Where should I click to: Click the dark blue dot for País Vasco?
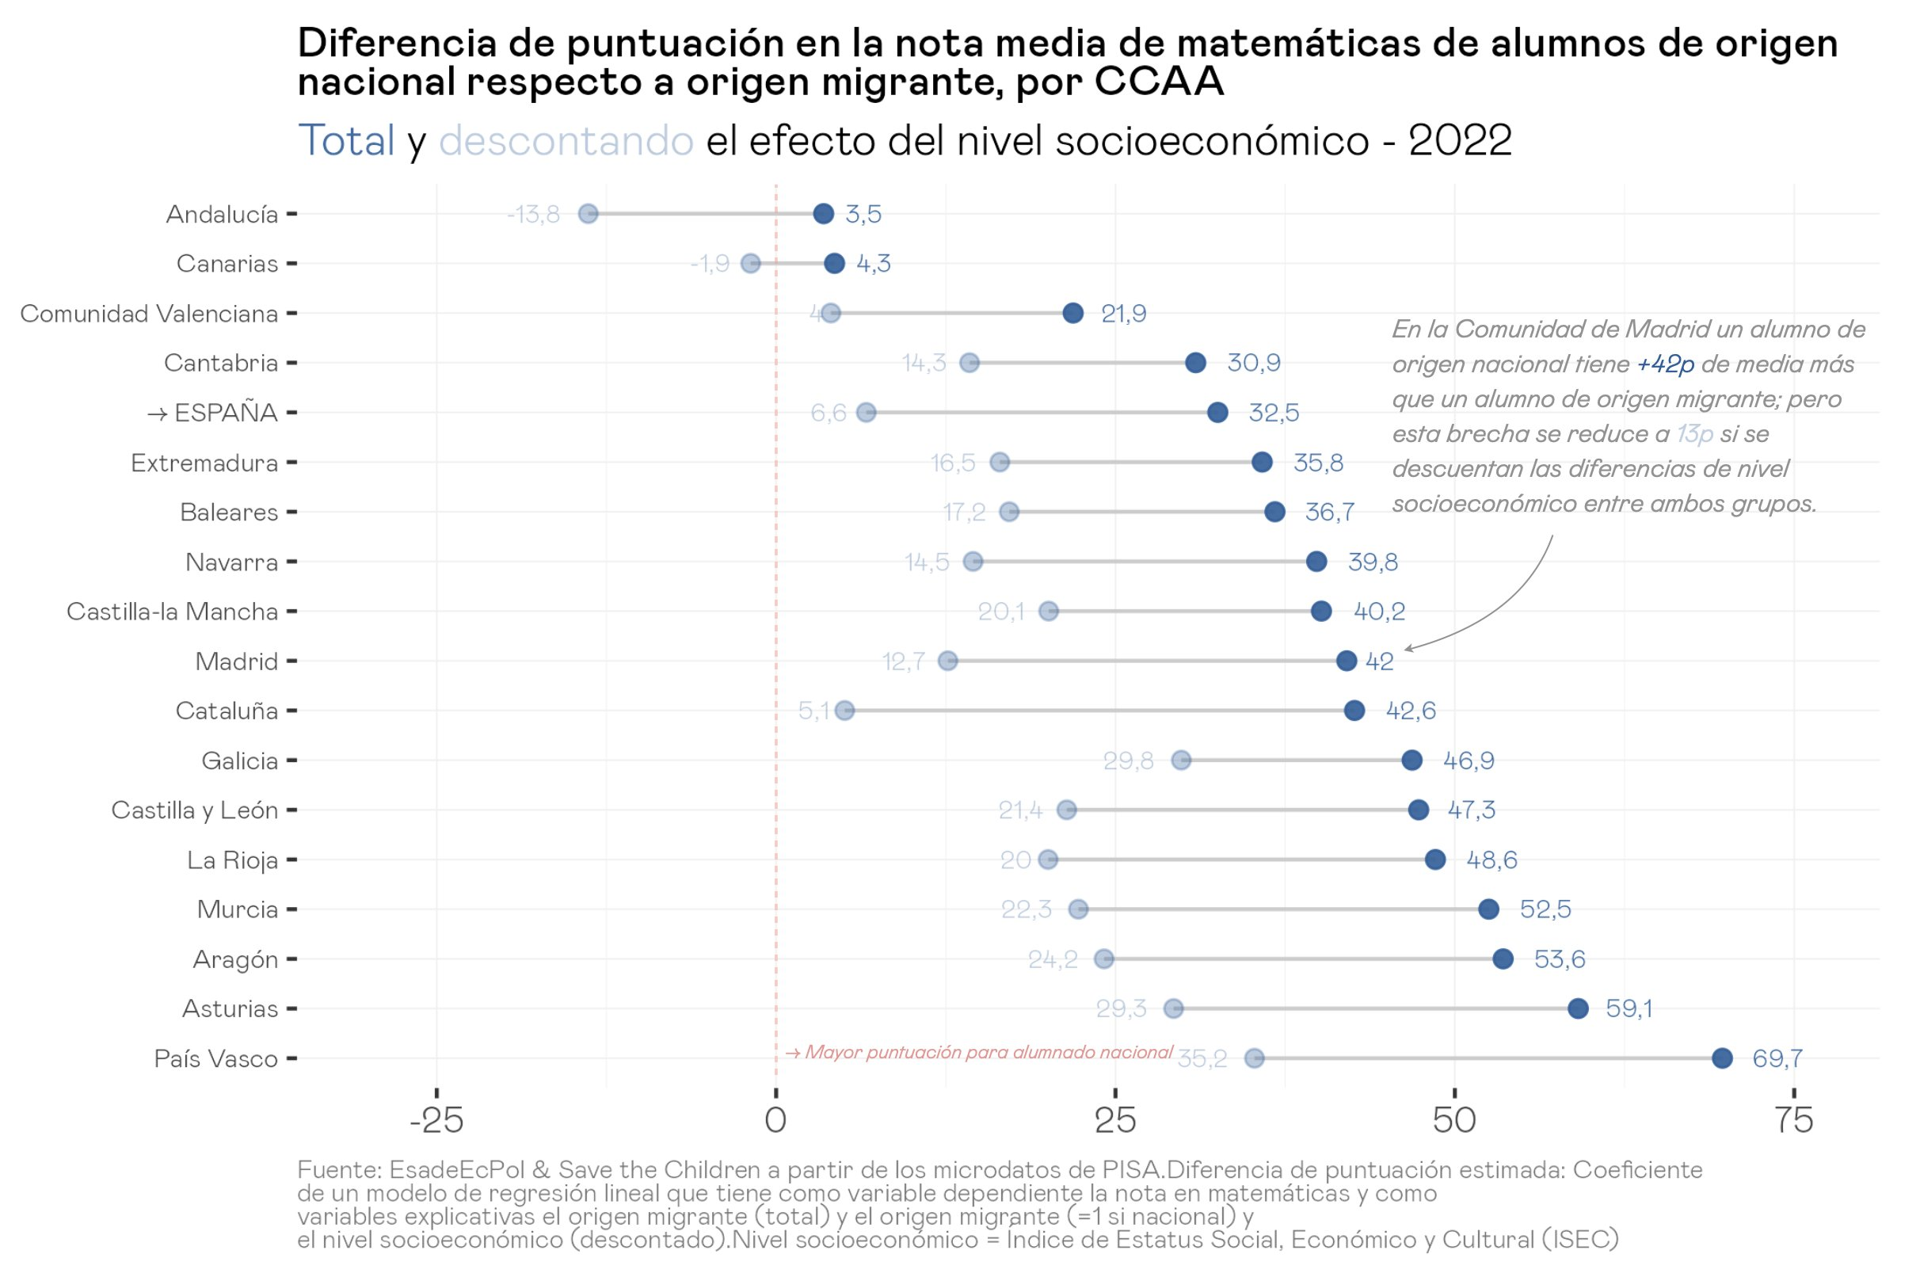(x=1721, y=1058)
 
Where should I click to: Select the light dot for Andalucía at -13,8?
(x=588, y=214)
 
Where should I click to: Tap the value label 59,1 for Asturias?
(x=1629, y=1008)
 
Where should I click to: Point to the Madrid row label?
(x=236, y=661)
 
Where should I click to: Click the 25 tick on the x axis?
(x=1114, y=1121)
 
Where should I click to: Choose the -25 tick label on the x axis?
(x=436, y=1121)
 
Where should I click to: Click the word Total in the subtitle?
(x=347, y=140)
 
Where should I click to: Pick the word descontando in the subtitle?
(x=566, y=140)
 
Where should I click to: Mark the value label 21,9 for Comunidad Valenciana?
(x=1124, y=314)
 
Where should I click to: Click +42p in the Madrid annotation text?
(x=1665, y=364)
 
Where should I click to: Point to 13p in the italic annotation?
(x=1694, y=434)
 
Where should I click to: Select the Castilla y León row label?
(x=195, y=810)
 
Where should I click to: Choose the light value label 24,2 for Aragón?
(x=1052, y=959)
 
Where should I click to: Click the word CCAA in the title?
(x=1159, y=82)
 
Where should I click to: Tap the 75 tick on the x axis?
(x=1794, y=1121)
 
